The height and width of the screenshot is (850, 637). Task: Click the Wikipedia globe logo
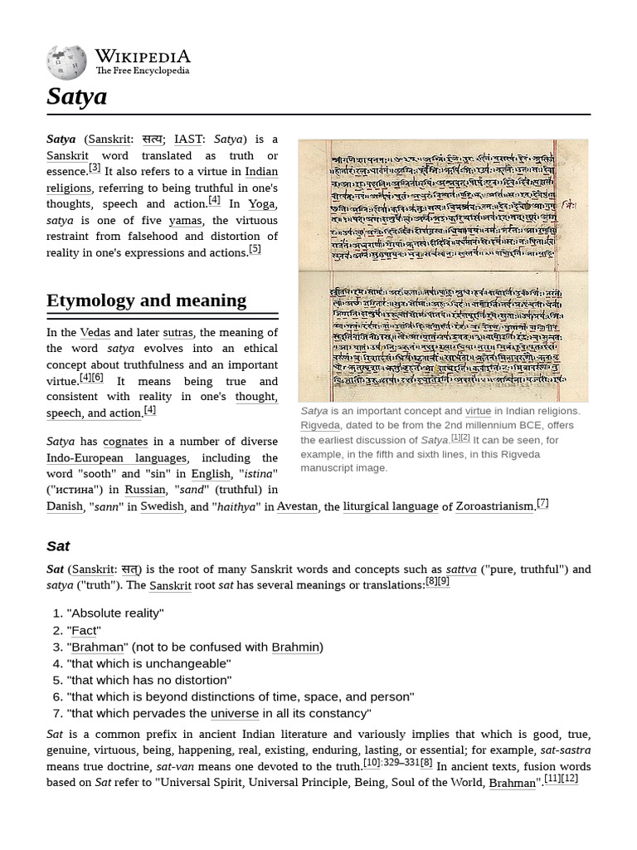click(67, 61)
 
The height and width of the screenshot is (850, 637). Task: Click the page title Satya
click(77, 96)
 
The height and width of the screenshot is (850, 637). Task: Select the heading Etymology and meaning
click(146, 300)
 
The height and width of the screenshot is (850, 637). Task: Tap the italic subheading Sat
click(58, 545)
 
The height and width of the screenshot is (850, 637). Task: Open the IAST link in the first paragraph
click(188, 139)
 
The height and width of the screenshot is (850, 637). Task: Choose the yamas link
click(185, 220)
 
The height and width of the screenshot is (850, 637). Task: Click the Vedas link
click(95, 333)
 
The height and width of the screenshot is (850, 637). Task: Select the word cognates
click(125, 442)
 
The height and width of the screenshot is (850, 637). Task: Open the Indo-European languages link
click(117, 458)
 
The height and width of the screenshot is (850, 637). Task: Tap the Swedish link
click(162, 506)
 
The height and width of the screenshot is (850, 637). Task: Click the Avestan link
click(297, 506)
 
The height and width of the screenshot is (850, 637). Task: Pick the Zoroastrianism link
click(495, 506)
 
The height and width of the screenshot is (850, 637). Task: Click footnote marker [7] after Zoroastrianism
click(542, 502)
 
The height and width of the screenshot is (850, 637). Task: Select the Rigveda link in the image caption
click(320, 425)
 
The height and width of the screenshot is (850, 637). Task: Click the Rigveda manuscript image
click(443, 271)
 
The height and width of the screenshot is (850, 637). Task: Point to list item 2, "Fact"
click(84, 630)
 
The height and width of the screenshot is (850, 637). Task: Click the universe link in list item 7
click(235, 713)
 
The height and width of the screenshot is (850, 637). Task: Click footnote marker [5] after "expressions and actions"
click(255, 248)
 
